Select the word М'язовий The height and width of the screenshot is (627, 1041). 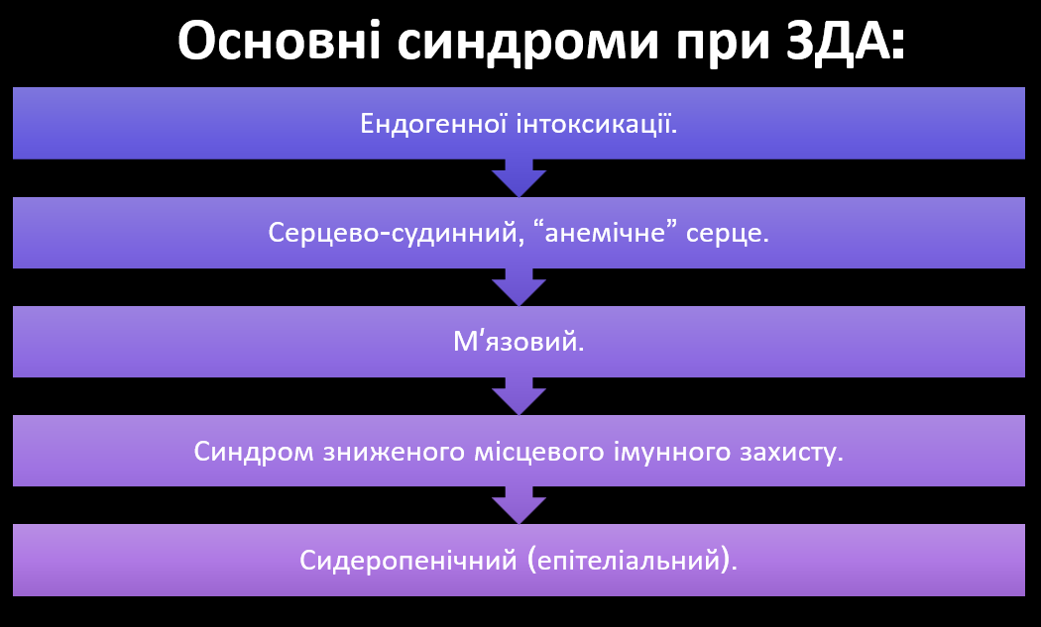click(520, 343)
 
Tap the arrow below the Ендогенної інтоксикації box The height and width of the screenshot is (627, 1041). click(520, 178)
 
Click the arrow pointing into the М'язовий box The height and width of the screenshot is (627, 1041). click(520, 287)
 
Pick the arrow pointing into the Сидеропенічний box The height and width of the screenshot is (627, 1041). click(520, 505)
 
